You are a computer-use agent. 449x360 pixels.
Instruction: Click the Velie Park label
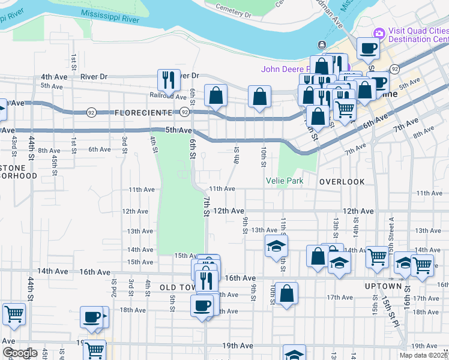click(285, 181)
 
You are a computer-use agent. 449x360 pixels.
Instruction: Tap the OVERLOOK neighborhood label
click(342, 181)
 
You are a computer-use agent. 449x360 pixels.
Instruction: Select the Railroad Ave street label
click(168, 96)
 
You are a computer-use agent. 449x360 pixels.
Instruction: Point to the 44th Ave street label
click(53, 271)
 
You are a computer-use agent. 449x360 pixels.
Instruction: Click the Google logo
click(20, 353)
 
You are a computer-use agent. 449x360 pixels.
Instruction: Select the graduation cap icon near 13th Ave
click(276, 245)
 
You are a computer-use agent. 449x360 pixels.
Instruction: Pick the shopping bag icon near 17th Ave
click(287, 293)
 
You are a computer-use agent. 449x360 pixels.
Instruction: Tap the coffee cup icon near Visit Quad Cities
click(368, 47)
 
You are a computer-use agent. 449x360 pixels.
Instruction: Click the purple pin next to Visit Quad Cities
click(379, 32)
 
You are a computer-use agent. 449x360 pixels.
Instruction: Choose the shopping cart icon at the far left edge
click(13, 313)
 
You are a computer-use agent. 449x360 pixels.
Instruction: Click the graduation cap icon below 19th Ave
click(294, 353)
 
